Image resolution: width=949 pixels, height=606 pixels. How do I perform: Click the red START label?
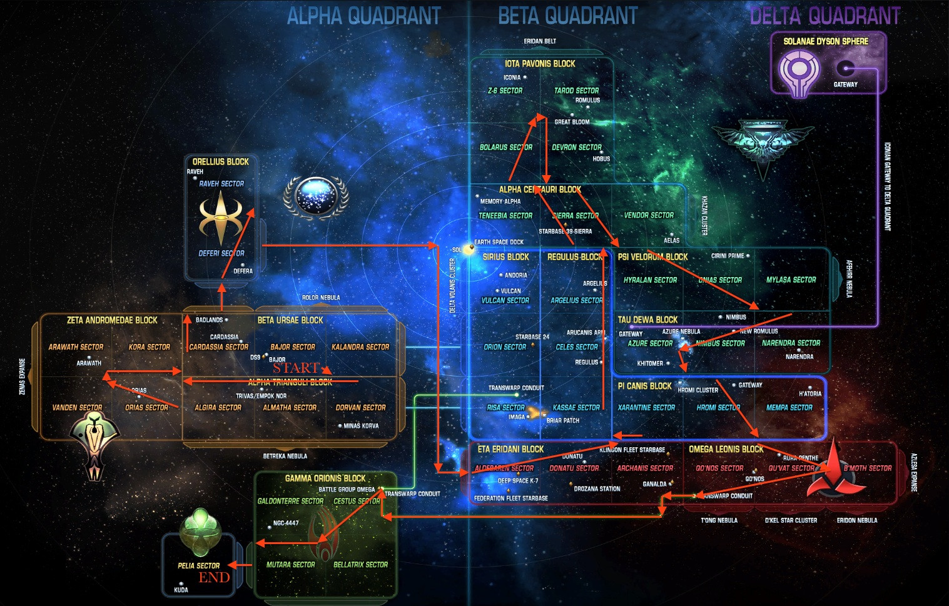point(296,368)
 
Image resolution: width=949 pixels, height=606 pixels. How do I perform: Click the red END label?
point(214,577)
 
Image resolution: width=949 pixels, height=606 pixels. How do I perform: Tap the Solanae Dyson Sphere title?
point(826,41)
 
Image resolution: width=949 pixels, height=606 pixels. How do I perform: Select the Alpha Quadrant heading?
point(363,16)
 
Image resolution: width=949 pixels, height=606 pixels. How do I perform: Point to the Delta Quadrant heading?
point(825,16)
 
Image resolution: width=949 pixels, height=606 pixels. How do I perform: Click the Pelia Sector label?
point(198,565)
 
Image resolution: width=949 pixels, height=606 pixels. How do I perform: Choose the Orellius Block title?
point(220,161)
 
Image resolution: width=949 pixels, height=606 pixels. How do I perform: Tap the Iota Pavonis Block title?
point(540,64)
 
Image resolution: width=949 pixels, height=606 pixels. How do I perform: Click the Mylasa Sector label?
point(791,280)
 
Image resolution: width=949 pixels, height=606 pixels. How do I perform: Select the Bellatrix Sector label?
point(360,564)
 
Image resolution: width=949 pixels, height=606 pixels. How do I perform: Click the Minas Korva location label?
point(361,426)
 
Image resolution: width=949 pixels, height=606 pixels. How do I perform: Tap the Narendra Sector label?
point(791,343)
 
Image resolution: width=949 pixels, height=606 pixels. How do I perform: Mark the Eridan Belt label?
point(540,41)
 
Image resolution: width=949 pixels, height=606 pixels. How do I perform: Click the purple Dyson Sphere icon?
point(799,73)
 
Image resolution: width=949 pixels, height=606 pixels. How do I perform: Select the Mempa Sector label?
point(789,407)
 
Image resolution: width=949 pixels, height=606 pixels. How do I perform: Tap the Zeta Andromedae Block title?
point(112,320)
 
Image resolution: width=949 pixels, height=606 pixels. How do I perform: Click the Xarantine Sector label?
point(646,407)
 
